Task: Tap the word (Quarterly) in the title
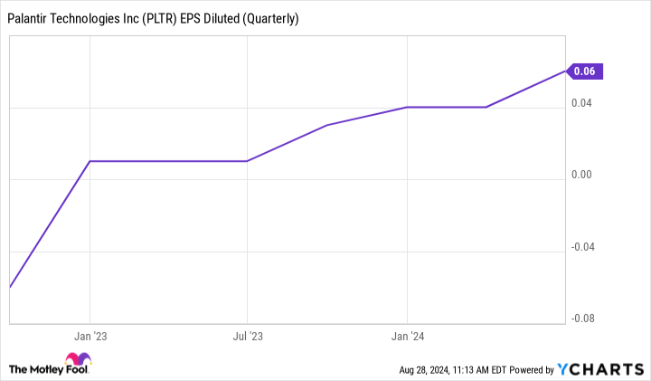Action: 268,18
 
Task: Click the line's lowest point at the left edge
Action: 10,287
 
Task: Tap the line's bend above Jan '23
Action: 89,161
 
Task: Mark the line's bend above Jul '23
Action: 247,161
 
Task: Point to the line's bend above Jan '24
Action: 407,107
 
